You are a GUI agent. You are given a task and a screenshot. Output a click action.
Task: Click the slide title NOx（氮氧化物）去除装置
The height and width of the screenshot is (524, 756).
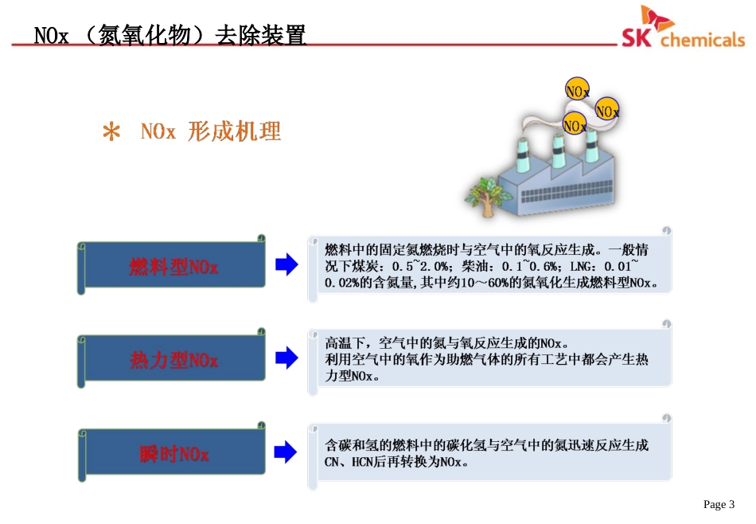(170, 36)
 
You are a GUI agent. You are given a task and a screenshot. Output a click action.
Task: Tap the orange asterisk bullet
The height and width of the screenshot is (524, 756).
(112, 132)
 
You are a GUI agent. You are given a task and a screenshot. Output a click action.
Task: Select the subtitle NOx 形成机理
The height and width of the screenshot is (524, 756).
(211, 131)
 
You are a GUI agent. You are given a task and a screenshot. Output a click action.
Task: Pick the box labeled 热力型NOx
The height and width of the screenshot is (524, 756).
(173, 361)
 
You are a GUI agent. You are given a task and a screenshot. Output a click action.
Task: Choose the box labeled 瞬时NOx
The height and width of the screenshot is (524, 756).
(173, 455)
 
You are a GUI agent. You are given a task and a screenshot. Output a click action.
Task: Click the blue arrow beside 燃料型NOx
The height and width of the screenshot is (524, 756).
(286, 266)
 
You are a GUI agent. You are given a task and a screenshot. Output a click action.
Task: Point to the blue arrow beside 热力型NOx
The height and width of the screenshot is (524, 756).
(286, 359)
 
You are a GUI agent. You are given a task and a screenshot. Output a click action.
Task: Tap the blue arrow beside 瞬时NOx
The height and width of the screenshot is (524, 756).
(286, 453)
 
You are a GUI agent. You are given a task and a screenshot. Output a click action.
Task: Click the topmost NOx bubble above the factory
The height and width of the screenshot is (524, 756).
(577, 91)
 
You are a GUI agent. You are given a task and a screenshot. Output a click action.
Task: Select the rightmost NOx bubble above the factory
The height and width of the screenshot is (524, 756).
(607, 111)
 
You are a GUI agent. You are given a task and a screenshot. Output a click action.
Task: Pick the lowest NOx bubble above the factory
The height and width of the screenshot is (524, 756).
(575, 125)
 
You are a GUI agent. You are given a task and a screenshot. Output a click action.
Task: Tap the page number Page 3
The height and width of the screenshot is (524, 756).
(719, 504)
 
